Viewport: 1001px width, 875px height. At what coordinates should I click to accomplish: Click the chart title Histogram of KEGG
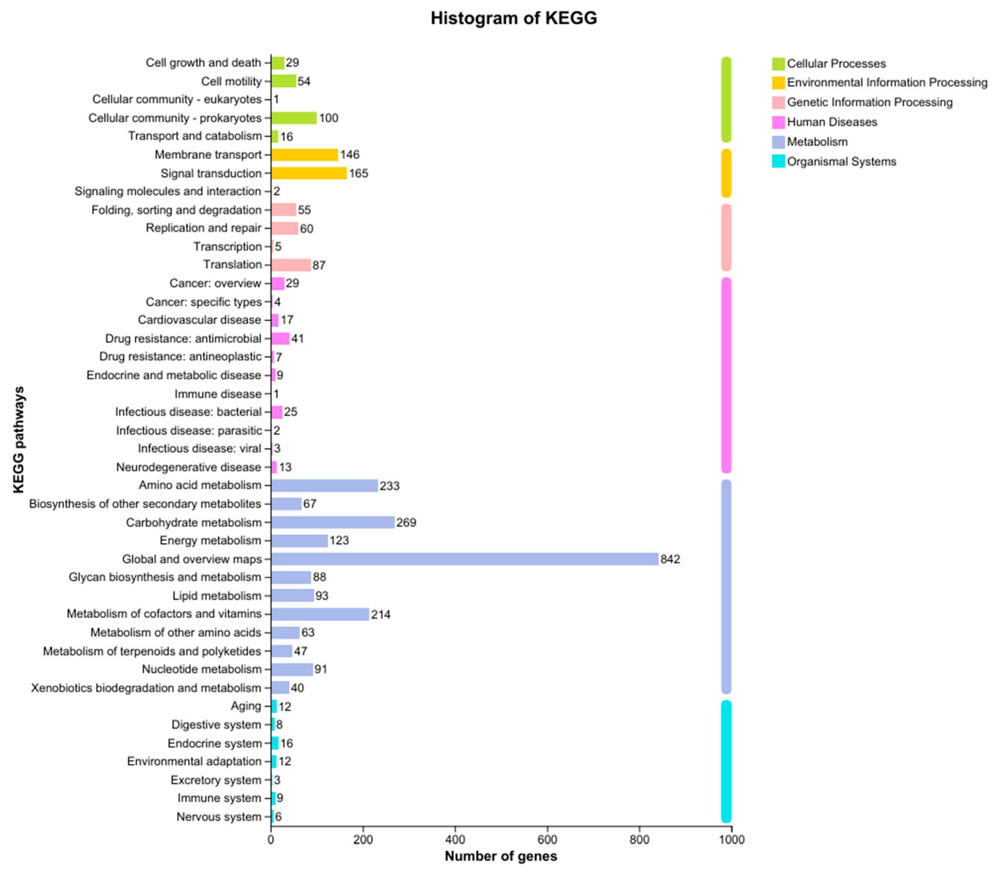pos(513,18)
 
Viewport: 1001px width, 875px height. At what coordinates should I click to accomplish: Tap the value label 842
pos(670,559)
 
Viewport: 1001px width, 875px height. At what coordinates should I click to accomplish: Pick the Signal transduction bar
pos(309,173)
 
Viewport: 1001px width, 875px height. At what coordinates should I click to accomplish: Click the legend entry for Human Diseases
pos(832,122)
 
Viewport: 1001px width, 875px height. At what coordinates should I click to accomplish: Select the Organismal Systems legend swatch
pos(778,161)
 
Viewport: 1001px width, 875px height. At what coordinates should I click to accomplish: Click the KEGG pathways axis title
pos(18,439)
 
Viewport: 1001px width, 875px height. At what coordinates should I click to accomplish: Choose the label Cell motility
pos(231,81)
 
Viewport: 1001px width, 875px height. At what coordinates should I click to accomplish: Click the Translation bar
pos(291,265)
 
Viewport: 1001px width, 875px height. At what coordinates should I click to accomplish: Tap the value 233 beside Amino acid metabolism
pos(389,486)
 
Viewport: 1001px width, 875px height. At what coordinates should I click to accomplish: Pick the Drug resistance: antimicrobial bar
pos(280,339)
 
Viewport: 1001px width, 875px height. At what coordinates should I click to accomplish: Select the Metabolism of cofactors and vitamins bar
pos(320,614)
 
